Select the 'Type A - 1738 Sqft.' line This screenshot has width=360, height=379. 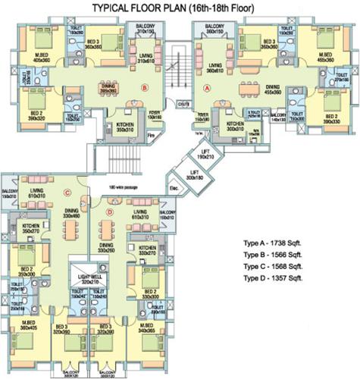(274, 244)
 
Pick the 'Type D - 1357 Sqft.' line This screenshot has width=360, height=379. (274, 279)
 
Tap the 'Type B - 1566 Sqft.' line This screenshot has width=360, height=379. (274, 255)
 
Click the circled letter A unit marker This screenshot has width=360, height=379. (206, 87)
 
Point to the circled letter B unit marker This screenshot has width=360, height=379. (144, 87)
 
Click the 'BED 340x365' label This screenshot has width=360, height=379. (147, 328)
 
